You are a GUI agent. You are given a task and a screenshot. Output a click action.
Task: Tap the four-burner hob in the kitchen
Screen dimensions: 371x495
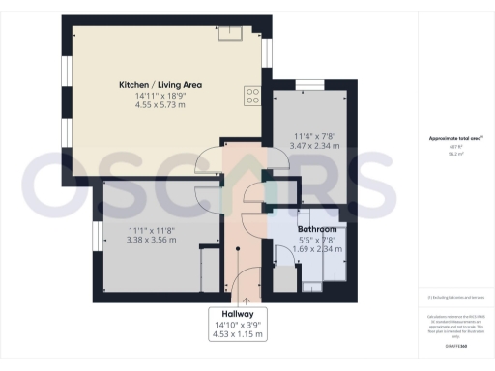point(253,94)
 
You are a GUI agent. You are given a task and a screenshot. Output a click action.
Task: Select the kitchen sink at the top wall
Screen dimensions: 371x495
point(229,35)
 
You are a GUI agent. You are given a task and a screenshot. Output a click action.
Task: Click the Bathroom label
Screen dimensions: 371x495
point(316,227)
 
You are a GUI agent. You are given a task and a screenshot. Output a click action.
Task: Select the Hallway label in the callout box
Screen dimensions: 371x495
point(237,315)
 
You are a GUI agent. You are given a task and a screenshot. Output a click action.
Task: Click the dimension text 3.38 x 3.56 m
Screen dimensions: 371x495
point(152,240)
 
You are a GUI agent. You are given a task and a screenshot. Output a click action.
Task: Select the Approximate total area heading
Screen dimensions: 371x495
point(455,139)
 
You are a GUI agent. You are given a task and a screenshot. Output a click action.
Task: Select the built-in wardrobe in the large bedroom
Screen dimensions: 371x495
point(207,270)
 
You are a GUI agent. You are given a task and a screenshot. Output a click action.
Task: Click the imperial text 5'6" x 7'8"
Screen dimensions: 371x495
point(316,239)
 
